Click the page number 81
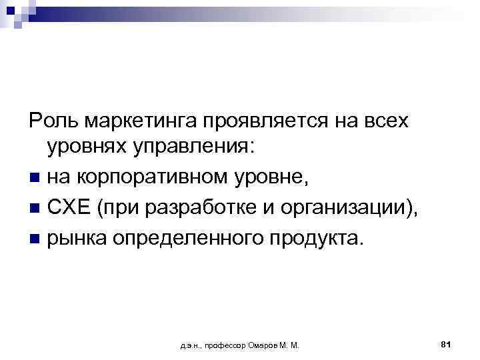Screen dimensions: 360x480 [447, 344]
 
